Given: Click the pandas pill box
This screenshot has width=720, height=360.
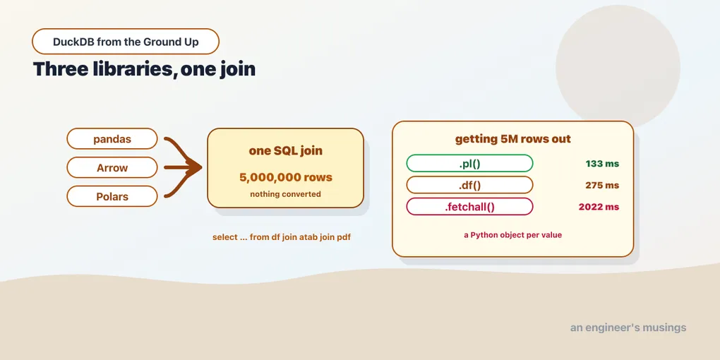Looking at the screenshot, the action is click(x=112, y=138).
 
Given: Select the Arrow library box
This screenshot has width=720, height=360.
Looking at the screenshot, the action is click(x=112, y=167).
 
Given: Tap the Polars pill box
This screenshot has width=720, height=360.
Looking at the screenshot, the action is click(x=112, y=196).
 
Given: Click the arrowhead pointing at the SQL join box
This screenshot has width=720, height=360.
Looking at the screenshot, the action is click(x=195, y=167).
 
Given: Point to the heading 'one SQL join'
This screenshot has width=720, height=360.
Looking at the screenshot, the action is click(x=286, y=150).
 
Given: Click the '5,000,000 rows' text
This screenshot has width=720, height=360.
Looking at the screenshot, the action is click(x=286, y=177).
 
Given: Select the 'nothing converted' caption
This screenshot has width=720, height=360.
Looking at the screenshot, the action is click(x=286, y=194).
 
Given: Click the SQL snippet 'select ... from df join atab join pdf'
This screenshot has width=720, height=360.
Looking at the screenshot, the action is click(x=282, y=237).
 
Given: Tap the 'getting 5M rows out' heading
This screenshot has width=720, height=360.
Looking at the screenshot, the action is click(x=513, y=138).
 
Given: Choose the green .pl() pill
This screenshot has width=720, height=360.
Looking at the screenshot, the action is click(x=469, y=163).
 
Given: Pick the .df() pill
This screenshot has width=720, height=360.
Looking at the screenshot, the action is click(x=469, y=185).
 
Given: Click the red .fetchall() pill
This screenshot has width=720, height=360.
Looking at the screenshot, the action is click(x=469, y=207).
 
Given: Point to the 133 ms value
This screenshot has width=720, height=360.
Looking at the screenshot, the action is click(x=602, y=164).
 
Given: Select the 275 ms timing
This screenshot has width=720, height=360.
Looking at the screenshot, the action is click(x=602, y=185).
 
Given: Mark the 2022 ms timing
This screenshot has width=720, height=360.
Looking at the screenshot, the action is click(x=599, y=207).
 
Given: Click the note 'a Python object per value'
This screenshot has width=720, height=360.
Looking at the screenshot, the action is click(x=513, y=234).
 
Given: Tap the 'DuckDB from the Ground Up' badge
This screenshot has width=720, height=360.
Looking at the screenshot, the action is click(x=126, y=42).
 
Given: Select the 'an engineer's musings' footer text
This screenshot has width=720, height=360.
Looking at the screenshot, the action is click(x=628, y=328).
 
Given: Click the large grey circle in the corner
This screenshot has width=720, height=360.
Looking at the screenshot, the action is click(x=618, y=66).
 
